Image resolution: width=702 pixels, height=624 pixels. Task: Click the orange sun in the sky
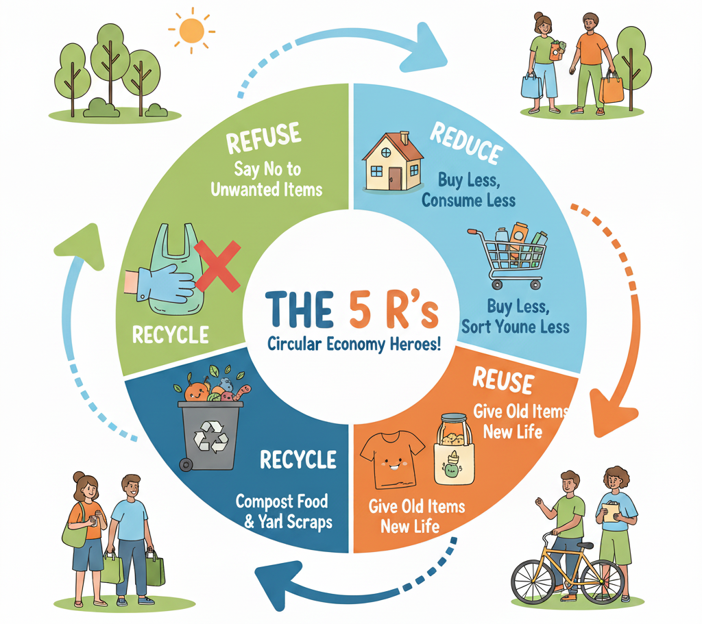(x=191, y=31)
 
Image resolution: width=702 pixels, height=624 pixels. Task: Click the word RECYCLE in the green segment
(x=170, y=335)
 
